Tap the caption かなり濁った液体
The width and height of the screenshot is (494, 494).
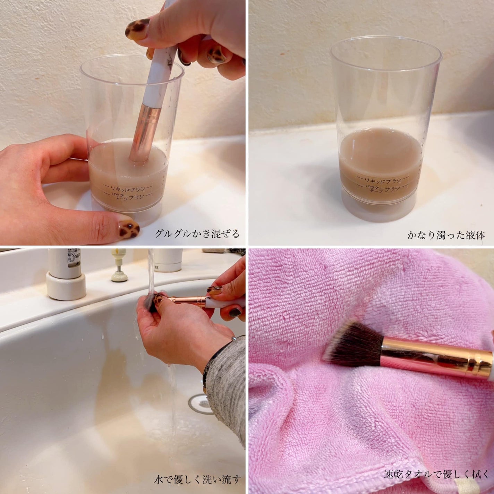point(446,235)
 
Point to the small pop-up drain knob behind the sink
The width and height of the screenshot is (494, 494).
point(118,274)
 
